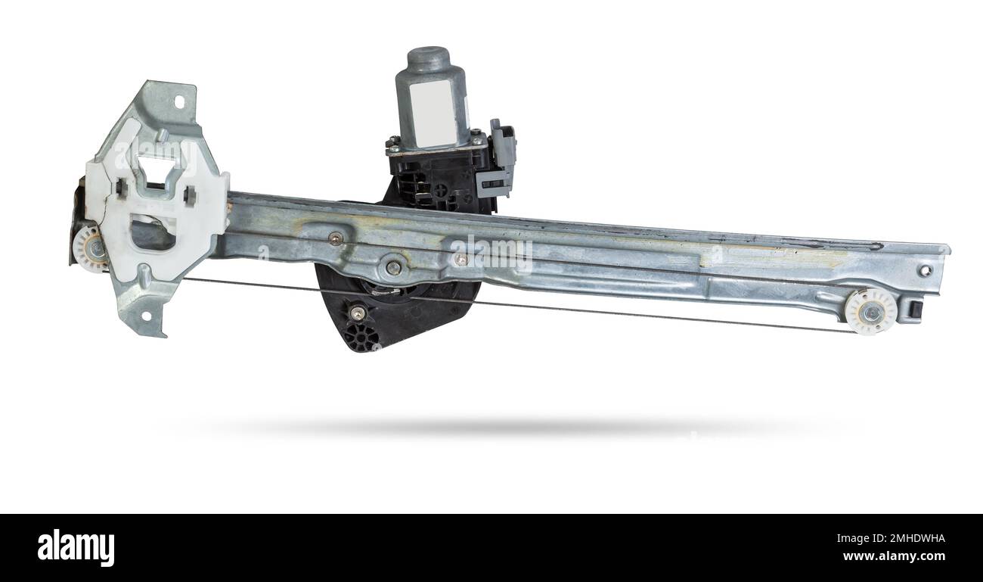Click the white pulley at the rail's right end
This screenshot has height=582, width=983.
870,311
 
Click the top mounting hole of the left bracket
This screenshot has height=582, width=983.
179,101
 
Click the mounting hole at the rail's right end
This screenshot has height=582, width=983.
925,270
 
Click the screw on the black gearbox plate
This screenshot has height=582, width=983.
357,313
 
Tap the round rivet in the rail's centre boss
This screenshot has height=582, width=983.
393,266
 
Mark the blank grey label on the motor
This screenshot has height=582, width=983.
433,114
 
